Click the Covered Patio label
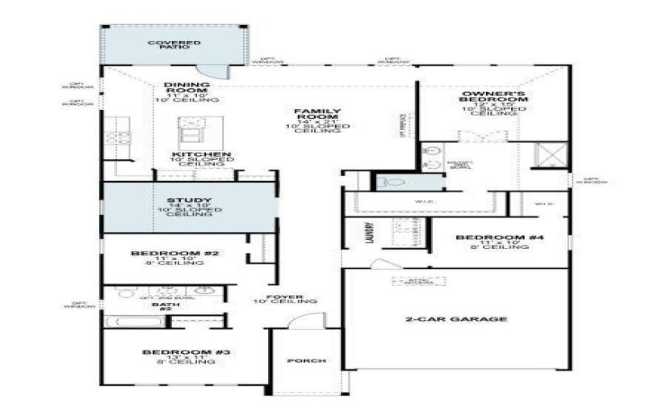pos(169,44)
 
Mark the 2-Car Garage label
pos(456,319)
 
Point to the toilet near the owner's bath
pos(395,183)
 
